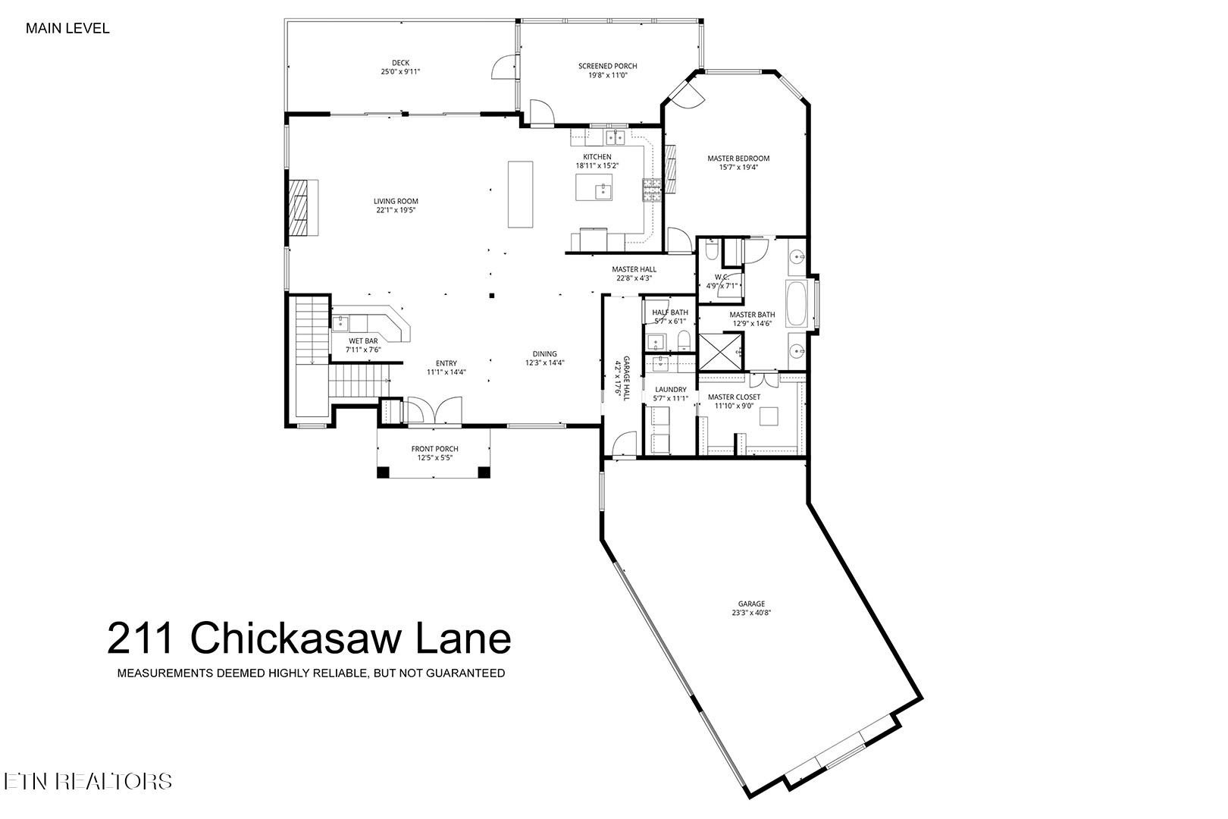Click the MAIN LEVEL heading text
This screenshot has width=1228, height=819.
coord(67,29)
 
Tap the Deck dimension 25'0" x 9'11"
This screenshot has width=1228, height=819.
coord(400,72)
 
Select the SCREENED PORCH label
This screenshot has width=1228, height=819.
coord(607,66)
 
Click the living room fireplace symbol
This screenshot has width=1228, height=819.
coord(302,208)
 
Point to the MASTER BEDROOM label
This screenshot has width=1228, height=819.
coord(738,158)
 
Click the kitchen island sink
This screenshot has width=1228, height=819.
coord(603,189)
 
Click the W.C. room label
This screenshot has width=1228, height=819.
coord(721,277)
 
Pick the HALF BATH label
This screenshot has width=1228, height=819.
coord(670,312)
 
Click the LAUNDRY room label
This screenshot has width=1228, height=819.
coord(670,390)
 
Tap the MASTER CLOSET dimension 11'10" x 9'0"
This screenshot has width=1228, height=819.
coord(734,406)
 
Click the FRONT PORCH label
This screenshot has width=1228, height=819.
coord(434,449)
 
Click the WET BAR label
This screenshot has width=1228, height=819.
coord(363,341)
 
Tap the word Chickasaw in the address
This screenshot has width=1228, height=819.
coord(298,638)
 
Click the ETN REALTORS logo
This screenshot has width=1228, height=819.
coord(87,782)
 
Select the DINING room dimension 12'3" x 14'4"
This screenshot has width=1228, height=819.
coord(544,363)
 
